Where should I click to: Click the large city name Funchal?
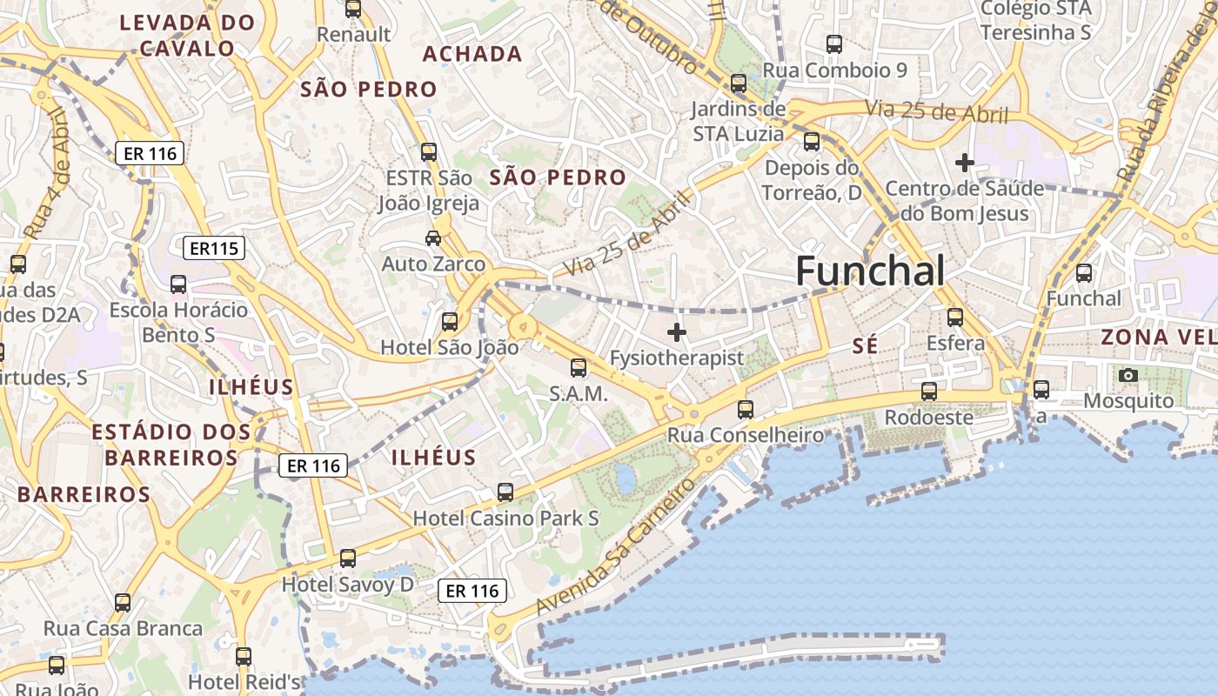tap(870, 271)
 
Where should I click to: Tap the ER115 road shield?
tap(214, 249)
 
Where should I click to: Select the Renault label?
tap(354, 34)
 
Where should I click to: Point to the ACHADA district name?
tap(472, 54)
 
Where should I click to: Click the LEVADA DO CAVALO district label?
tap(187, 35)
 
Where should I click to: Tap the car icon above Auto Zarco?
tap(432, 238)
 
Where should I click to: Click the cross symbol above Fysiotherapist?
tap(677, 331)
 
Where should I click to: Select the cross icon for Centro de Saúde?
tap(964, 163)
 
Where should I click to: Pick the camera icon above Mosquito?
tap(1128, 375)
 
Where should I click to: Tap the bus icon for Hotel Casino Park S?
tap(505, 492)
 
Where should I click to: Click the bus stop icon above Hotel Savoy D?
tap(348, 558)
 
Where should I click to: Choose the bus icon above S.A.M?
tap(579, 368)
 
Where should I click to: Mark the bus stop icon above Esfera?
tap(955, 318)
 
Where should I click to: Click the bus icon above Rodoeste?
tap(929, 391)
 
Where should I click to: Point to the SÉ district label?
tap(865, 346)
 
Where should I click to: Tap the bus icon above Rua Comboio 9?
tap(834, 43)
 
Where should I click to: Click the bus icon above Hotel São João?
tap(450, 322)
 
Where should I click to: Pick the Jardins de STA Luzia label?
tap(739, 122)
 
